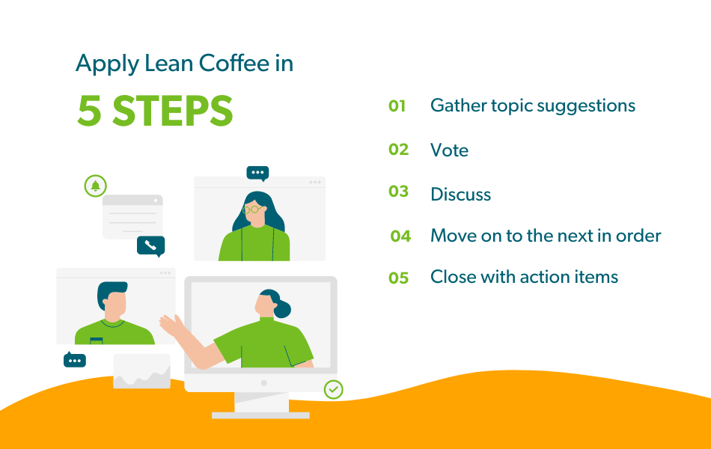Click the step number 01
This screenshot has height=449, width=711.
397,106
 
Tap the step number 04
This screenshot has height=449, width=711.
400,236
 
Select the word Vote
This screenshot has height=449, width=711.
449,150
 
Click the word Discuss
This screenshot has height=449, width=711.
460,195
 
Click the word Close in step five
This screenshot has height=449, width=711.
451,277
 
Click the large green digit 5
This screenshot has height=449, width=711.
90,111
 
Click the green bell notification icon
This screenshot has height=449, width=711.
95,186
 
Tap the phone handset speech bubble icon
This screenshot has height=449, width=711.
150,245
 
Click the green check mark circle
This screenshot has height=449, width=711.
333,389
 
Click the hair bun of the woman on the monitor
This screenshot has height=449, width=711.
283,308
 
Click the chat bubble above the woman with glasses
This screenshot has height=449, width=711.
257,173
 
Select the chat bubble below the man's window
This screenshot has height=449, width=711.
75,361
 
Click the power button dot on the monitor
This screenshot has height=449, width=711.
263,382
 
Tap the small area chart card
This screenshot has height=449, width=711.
141,371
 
